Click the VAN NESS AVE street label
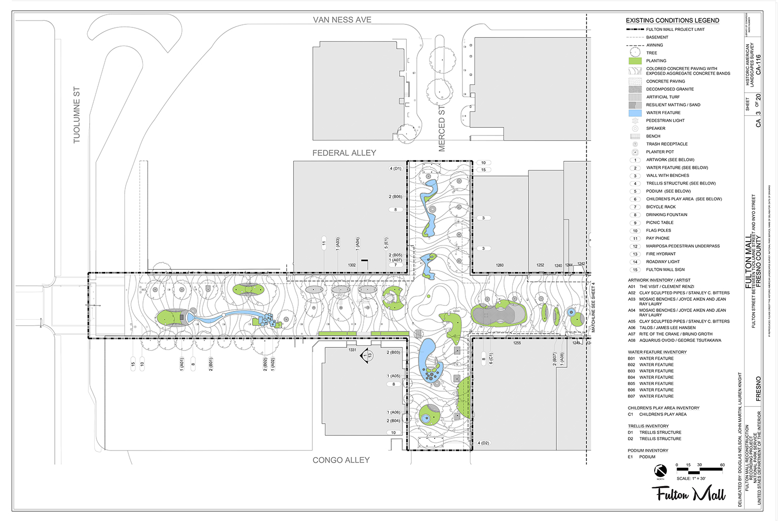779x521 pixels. point(342,20)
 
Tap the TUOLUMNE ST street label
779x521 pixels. point(77,115)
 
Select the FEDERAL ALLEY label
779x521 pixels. point(344,153)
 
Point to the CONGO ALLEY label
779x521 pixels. point(341,460)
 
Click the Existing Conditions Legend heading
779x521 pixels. point(672,20)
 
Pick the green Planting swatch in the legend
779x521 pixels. point(635,61)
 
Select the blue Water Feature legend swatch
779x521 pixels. point(635,113)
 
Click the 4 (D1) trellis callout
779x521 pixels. point(395,168)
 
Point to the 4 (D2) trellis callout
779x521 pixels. point(483,443)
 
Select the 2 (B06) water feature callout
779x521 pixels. point(395,196)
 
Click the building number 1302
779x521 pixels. point(352,265)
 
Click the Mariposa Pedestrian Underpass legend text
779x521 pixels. point(683,246)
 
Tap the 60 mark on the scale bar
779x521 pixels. point(722,465)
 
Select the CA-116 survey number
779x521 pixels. point(758,64)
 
